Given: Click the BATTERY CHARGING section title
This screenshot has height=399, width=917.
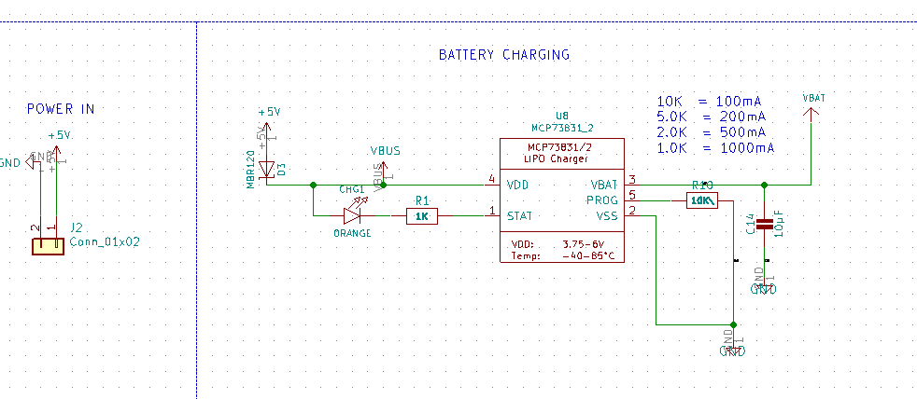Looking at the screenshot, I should (x=503, y=55).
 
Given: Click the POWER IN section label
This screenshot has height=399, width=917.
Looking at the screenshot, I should (x=61, y=109).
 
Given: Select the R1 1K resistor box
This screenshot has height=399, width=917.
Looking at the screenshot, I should (x=421, y=216).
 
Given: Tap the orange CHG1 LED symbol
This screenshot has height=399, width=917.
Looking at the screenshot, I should (x=352, y=216).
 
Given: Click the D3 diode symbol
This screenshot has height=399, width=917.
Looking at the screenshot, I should (x=267, y=170).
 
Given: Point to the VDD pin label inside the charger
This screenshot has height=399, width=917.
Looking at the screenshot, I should (x=518, y=185).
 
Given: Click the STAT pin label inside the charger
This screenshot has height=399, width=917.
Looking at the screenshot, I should (x=520, y=216).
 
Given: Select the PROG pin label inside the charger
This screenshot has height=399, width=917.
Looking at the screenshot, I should (x=602, y=199).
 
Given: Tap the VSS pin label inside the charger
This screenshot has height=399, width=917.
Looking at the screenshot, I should (x=608, y=216).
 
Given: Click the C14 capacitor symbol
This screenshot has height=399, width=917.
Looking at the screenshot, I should (x=765, y=224).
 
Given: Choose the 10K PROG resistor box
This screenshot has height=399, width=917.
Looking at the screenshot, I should (x=700, y=200).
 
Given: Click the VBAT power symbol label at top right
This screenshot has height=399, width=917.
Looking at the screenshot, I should (x=812, y=98).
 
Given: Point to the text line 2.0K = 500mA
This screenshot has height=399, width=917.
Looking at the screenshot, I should (x=714, y=132).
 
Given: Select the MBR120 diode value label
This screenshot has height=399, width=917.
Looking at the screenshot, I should (x=251, y=168).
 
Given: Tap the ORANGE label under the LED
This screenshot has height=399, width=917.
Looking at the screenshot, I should (x=352, y=234).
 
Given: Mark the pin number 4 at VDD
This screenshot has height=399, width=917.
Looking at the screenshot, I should (x=491, y=179).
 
